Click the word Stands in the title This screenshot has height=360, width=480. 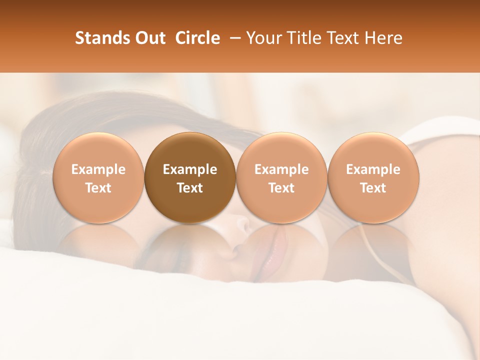pyautogui.click(x=103, y=38)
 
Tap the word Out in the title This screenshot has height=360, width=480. pyautogui.click(x=150, y=38)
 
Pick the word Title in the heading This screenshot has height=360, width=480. pyautogui.click(x=305, y=38)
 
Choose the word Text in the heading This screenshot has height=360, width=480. pyautogui.click(x=346, y=38)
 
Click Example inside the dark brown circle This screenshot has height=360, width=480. pyautogui.click(x=190, y=169)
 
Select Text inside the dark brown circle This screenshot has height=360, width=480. pyautogui.click(x=190, y=188)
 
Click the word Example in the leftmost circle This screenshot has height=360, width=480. pyautogui.click(x=98, y=169)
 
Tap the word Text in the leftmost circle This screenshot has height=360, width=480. pyautogui.click(x=98, y=188)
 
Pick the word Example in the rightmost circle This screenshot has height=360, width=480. pyautogui.click(x=373, y=169)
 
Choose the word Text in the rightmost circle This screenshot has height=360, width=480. pyautogui.click(x=373, y=188)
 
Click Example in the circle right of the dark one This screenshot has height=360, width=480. pyautogui.click(x=281, y=169)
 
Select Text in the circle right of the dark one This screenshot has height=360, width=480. pyautogui.click(x=281, y=188)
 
